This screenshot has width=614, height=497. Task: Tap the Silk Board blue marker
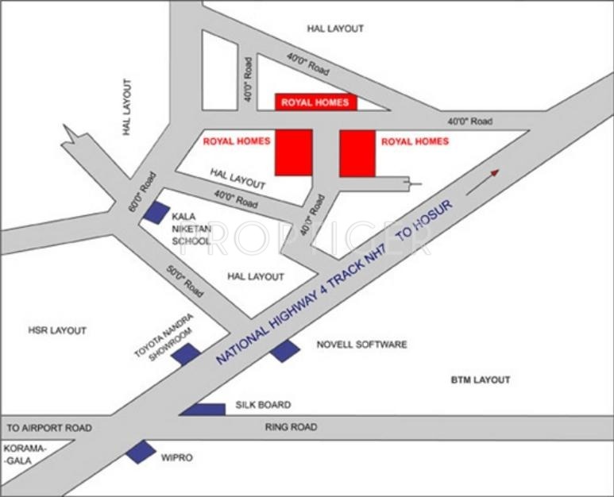pyautogui.click(x=203, y=409)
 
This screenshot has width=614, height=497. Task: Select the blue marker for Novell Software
pyautogui.click(x=284, y=349)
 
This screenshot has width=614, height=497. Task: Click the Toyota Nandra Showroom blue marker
pyautogui.click(x=186, y=354)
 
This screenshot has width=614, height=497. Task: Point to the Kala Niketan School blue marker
pyautogui.click(x=156, y=212)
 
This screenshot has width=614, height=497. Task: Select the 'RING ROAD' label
pyautogui.click(x=291, y=427)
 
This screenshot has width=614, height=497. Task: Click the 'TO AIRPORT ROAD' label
pyautogui.click(x=47, y=428)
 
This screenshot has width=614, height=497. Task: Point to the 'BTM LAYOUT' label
pyautogui.click(x=481, y=380)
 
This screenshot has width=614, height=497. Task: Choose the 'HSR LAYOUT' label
pyautogui.click(x=57, y=330)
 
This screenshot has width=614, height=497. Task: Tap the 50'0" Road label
pyautogui.click(x=184, y=280)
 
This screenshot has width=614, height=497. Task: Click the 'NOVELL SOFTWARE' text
pyautogui.click(x=361, y=345)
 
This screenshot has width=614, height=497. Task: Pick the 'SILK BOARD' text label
pyautogui.click(x=263, y=405)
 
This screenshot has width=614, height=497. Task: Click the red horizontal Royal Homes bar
pyautogui.click(x=316, y=102)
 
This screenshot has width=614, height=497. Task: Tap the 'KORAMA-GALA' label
pyautogui.click(x=26, y=454)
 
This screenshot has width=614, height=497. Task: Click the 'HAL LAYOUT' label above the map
pyautogui.click(x=334, y=29)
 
